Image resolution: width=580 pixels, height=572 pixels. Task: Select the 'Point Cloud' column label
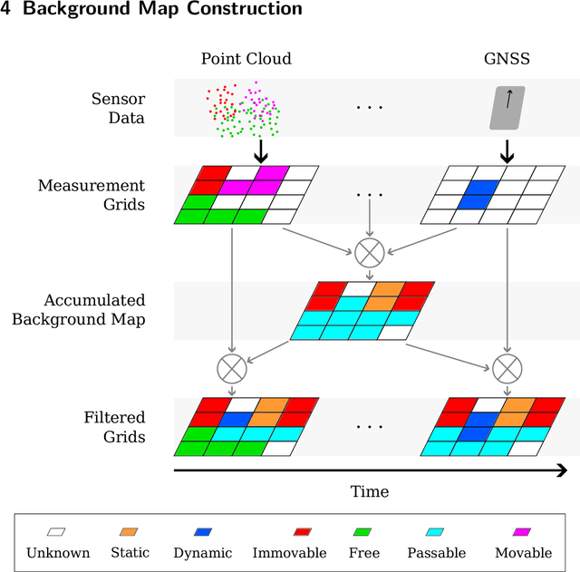pos(246,59)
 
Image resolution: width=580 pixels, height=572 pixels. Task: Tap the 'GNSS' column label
pos(507,59)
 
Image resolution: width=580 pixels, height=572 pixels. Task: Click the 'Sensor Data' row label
pos(118,107)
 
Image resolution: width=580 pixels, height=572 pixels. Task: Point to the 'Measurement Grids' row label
pos(92,195)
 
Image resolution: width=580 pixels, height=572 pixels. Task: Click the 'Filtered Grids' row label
pos(114,427)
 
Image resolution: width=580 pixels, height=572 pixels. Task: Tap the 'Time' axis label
pos(370,491)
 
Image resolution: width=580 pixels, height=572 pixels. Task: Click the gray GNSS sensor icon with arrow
pos(507,107)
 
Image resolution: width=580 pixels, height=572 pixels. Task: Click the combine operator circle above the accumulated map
pos(370,250)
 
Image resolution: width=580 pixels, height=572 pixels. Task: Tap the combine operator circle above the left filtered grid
pos(232,368)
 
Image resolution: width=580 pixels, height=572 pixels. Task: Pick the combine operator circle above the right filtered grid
pos(507,368)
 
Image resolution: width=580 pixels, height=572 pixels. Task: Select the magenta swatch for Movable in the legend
pos(523,532)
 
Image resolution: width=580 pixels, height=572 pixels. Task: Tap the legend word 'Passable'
pos(437,553)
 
